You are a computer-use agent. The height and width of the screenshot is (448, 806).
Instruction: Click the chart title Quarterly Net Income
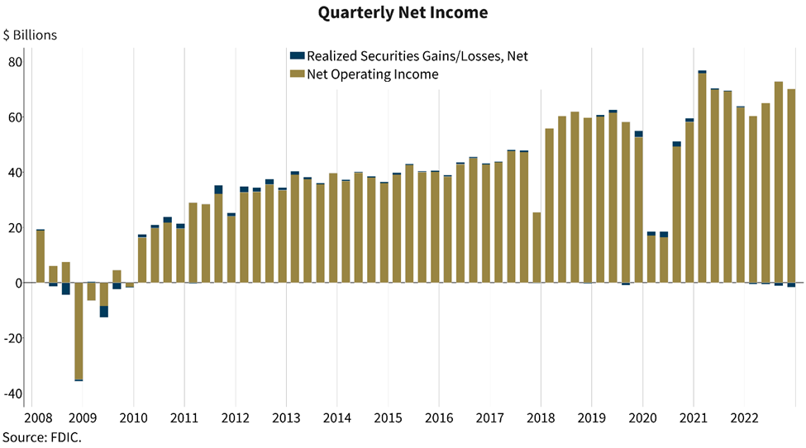(x=403, y=12)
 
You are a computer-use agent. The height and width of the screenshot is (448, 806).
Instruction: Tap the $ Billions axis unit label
(x=30, y=35)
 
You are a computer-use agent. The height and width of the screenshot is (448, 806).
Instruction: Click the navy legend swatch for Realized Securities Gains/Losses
(x=297, y=56)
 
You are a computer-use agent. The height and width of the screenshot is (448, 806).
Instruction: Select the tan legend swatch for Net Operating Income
(x=297, y=74)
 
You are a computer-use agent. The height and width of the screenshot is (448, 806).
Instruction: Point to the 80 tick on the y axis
(x=16, y=62)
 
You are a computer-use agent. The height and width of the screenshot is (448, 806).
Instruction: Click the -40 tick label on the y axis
(x=13, y=393)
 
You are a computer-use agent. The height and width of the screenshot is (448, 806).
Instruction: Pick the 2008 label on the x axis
(x=38, y=417)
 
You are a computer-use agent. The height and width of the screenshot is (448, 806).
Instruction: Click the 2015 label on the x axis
(x=388, y=417)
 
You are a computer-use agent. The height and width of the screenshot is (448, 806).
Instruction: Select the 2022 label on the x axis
(x=744, y=417)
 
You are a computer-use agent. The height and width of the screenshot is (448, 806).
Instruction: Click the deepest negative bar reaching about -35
(x=79, y=331)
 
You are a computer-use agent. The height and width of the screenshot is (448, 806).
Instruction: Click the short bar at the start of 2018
(x=537, y=247)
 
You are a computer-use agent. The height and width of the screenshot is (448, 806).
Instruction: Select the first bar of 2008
(x=41, y=256)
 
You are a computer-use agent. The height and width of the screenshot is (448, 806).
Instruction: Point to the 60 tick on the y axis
(x=16, y=117)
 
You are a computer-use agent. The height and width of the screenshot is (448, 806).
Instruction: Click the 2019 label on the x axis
(x=591, y=417)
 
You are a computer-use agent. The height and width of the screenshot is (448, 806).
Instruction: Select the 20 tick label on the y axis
(x=16, y=227)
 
